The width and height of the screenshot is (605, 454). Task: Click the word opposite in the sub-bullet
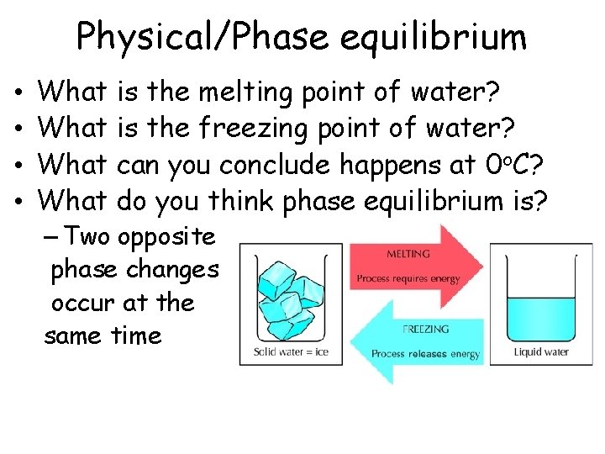tap(166, 237)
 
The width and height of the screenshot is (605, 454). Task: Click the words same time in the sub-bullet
tap(103, 335)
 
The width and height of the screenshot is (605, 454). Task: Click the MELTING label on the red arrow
tap(408, 253)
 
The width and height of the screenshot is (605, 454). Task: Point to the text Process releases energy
tap(425, 354)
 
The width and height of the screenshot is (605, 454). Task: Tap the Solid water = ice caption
tap(291, 352)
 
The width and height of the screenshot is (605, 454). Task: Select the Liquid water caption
tap(541, 352)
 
